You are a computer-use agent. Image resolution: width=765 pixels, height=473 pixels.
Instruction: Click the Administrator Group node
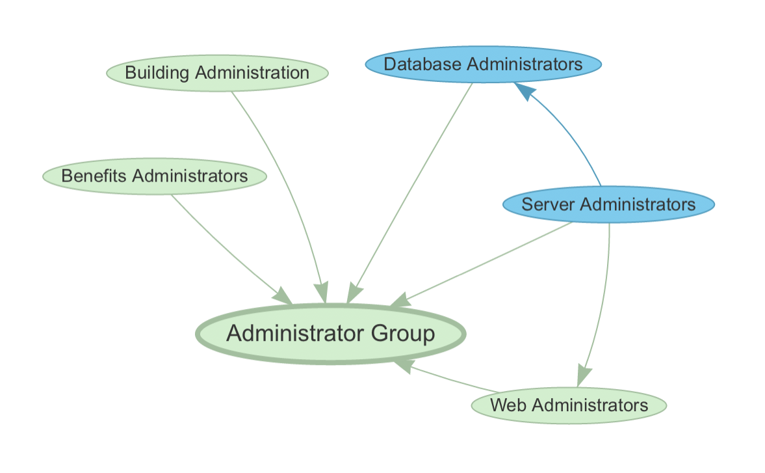coord(330,334)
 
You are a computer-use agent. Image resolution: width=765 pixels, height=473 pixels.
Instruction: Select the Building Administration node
coord(217,72)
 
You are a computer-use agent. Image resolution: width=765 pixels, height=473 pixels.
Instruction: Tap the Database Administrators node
coord(483,64)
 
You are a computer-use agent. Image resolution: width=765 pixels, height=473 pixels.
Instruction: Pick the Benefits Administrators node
coord(154,176)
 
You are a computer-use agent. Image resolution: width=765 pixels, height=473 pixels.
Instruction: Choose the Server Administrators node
coord(608,204)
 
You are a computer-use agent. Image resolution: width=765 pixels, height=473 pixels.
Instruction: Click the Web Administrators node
coord(569,405)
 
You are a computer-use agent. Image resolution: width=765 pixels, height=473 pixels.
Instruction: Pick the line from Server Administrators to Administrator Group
coord(487,260)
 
